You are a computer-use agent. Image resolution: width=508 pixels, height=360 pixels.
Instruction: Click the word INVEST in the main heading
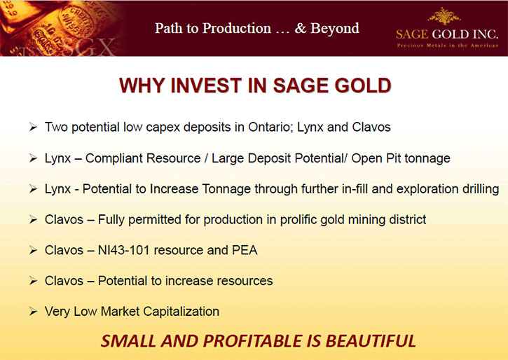(206, 85)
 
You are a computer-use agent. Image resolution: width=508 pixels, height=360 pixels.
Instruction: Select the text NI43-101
(124, 250)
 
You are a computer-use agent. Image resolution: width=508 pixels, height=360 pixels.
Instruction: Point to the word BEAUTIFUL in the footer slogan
(371, 341)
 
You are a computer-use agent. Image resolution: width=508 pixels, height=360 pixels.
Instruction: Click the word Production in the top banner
(237, 28)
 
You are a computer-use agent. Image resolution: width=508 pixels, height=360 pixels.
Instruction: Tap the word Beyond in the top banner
(335, 28)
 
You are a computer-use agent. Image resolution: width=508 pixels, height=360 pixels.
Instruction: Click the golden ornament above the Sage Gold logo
(444, 15)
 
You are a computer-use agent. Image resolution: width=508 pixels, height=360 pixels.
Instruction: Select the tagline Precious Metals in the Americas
(448, 46)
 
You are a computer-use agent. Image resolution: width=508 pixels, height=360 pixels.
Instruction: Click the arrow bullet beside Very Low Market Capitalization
(33, 311)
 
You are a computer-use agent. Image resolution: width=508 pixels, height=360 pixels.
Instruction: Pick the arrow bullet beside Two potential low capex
(33, 127)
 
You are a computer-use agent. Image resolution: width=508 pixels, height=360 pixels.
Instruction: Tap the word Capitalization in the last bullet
(181, 312)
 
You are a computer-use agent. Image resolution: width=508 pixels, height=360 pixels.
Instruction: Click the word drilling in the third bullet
(481, 189)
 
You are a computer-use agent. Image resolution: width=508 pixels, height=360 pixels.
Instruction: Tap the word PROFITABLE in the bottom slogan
(262, 341)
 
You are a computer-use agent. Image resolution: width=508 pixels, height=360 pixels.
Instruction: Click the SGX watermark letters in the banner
(87, 47)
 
